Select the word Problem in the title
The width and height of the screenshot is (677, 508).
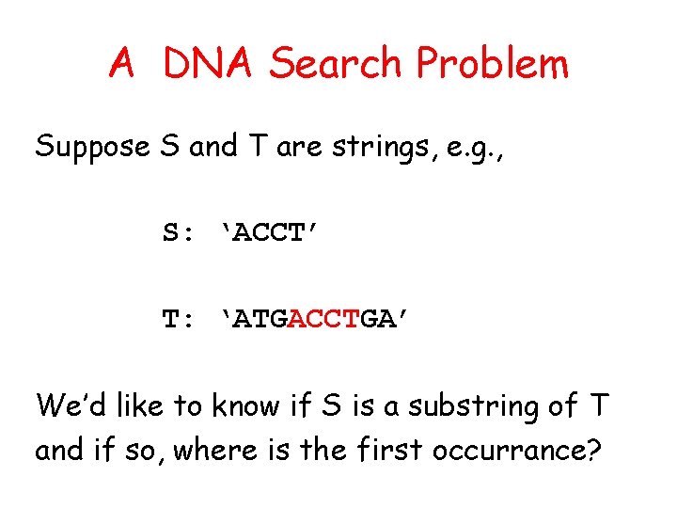pyautogui.click(x=492, y=64)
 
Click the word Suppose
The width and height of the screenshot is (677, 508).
pyautogui.click(x=92, y=147)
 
